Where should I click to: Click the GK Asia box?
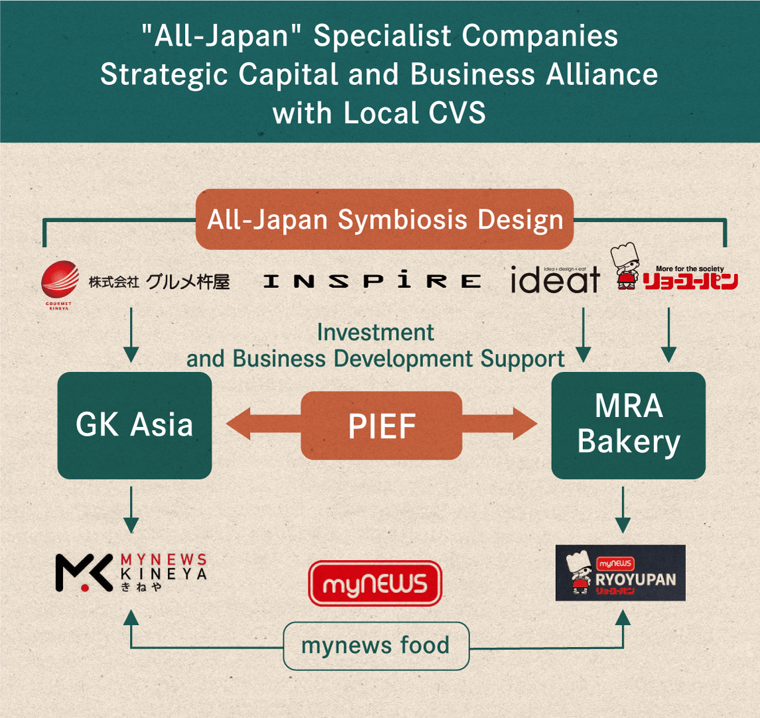click(x=134, y=425)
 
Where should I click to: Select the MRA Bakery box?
click(x=628, y=425)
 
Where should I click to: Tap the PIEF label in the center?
click(x=381, y=426)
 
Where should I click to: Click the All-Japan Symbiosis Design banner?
click(x=385, y=219)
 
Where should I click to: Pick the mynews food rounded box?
click(x=375, y=645)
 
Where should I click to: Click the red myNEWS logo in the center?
click(x=375, y=583)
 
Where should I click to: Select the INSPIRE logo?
click(x=372, y=281)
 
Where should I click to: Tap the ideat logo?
click(x=555, y=280)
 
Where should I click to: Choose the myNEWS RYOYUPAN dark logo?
click(x=620, y=573)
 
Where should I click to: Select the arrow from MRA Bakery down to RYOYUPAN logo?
click(x=623, y=509)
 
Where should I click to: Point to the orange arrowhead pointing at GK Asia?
click(x=242, y=425)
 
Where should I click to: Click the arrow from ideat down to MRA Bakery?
click(x=583, y=335)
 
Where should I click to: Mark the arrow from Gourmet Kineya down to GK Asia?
click(x=131, y=335)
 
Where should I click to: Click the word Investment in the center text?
click(x=375, y=332)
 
